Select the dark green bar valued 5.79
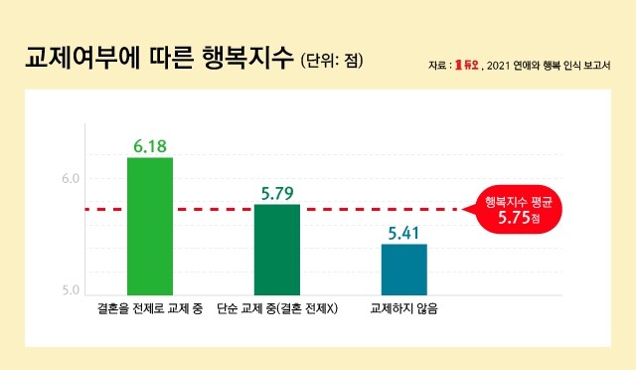[277, 250]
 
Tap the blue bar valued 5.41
[403, 270]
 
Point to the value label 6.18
[150, 146]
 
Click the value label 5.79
[277, 193]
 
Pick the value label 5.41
[403, 233]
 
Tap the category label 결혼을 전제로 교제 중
[151, 310]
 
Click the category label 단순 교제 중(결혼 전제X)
[277, 310]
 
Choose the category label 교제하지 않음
[403, 310]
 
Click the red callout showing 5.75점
[518, 209]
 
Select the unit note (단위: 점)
[331, 61]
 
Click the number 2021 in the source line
[500, 66]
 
